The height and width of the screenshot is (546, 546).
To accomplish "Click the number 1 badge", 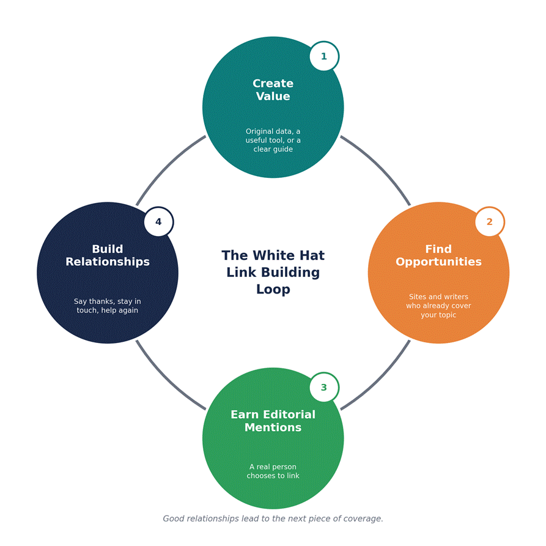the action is [x=324, y=56].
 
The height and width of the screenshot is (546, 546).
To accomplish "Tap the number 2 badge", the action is [x=490, y=222].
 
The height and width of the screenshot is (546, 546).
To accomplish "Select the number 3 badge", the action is [x=324, y=387].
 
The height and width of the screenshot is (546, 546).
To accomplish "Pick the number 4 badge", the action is [x=159, y=222].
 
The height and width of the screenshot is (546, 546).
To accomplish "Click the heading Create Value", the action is [x=273, y=90].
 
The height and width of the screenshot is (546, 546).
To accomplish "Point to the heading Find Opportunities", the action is [x=438, y=255].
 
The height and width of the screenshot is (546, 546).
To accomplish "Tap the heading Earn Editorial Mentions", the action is [x=273, y=421].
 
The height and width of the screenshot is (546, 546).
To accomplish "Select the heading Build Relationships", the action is [x=108, y=255].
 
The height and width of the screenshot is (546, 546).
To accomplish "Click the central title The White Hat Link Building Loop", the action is [x=273, y=272].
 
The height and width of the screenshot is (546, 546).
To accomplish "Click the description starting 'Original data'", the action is [x=273, y=140].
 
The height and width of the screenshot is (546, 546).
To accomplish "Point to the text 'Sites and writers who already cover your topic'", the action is [x=438, y=306].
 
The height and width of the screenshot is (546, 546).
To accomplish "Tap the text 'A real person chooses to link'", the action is [x=273, y=471].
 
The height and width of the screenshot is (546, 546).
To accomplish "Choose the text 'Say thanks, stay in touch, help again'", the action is [x=108, y=306].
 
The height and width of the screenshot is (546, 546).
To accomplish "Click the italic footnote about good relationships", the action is [x=273, y=518].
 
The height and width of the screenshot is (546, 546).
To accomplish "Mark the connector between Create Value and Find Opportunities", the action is [x=380, y=166].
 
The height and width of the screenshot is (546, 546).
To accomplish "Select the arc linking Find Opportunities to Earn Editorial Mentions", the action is [x=380, y=380].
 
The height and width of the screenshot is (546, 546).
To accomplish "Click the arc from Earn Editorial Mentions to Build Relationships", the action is [x=166, y=380].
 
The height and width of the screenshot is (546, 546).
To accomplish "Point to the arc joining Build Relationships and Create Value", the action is [x=166, y=166].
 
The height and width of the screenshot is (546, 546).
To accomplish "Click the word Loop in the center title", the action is [x=273, y=289].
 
